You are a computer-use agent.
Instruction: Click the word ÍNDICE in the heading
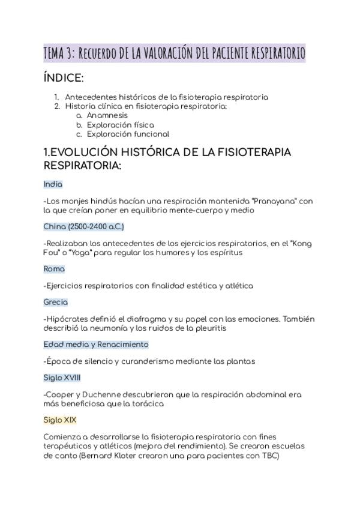pyautogui.click(x=62, y=78)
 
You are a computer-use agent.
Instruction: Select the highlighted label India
pyautogui.click(x=53, y=184)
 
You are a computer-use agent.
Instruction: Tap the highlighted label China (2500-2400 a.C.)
pyautogui.click(x=83, y=226)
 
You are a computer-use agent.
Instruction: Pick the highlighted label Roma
pyautogui.click(x=54, y=269)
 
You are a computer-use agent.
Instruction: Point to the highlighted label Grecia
pyautogui.click(x=56, y=302)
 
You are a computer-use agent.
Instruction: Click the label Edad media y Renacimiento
pyautogui.click(x=96, y=345)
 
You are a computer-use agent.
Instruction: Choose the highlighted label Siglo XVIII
pyautogui.click(x=62, y=378)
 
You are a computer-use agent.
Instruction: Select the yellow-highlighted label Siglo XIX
pyautogui.click(x=60, y=420)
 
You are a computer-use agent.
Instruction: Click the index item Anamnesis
pyautogui.click(x=107, y=115)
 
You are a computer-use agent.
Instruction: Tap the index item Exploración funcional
pyautogui.click(x=128, y=134)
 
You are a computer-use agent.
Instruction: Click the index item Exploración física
pyautogui.click(x=120, y=125)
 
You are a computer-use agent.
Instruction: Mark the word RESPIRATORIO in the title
pyautogui.click(x=274, y=53)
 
